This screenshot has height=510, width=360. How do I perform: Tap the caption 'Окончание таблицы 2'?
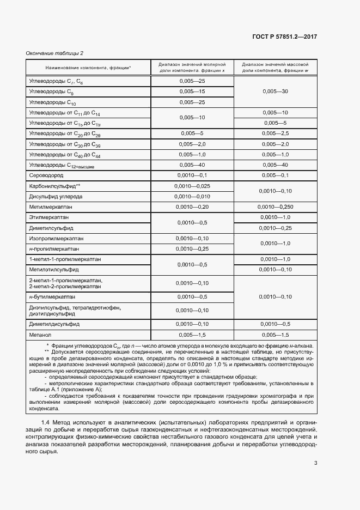click(54, 53)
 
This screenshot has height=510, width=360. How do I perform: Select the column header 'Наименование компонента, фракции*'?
click(88, 67)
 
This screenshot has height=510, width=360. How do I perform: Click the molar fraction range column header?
click(192, 67)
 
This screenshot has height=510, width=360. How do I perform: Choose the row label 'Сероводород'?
click(47, 176)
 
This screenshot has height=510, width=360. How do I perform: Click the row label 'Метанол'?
click(40, 334)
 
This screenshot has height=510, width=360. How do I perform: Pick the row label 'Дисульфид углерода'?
click(56, 196)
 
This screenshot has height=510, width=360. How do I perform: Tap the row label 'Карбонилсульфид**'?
click(55, 186)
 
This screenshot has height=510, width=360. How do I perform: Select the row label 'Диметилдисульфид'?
click(54, 324)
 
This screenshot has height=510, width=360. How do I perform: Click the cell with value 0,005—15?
click(192, 92)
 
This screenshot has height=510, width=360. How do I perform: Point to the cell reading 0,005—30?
click(275, 92)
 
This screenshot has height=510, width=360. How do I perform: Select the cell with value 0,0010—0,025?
click(192, 186)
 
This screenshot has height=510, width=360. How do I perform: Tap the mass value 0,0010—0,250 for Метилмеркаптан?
click(275, 207)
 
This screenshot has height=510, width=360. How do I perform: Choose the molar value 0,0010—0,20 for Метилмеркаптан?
click(192, 207)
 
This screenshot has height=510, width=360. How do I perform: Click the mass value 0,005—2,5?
click(275, 133)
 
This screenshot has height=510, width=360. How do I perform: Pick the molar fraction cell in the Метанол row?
click(192, 334)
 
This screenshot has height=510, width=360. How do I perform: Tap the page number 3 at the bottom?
click(316, 464)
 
